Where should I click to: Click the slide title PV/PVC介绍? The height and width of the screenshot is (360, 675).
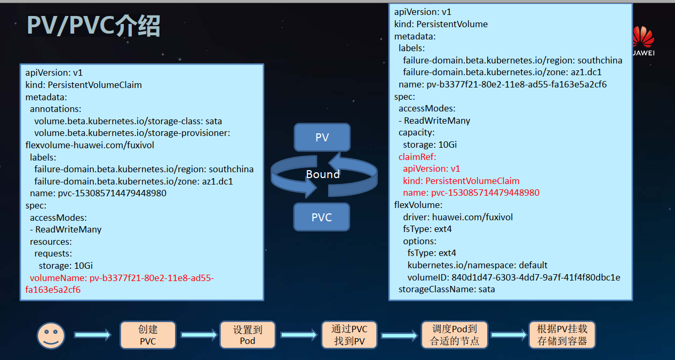[x=93, y=25]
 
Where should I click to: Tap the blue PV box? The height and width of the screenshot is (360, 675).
[x=322, y=138]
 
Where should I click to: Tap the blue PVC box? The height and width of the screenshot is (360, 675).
[x=322, y=217]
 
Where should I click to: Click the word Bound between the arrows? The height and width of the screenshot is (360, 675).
[x=322, y=174]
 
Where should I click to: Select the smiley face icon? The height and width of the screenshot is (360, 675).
[x=51, y=335]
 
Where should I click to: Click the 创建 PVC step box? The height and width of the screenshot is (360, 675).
[x=148, y=335]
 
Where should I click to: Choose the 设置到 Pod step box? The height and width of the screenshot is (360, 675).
[x=248, y=335]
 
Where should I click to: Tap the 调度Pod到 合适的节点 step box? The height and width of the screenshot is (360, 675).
[x=454, y=335]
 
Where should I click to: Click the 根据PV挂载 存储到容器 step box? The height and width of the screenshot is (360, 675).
[x=561, y=335]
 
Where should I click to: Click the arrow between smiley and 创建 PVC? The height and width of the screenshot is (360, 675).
[x=92, y=335]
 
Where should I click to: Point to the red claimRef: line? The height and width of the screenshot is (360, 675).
[x=417, y=157]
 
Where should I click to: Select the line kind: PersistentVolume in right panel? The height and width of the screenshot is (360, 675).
[x=441, y=24]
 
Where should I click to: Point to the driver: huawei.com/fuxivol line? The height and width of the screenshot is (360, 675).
[x=458, y=217]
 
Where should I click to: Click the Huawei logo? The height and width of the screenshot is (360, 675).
[x=643, y=40]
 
